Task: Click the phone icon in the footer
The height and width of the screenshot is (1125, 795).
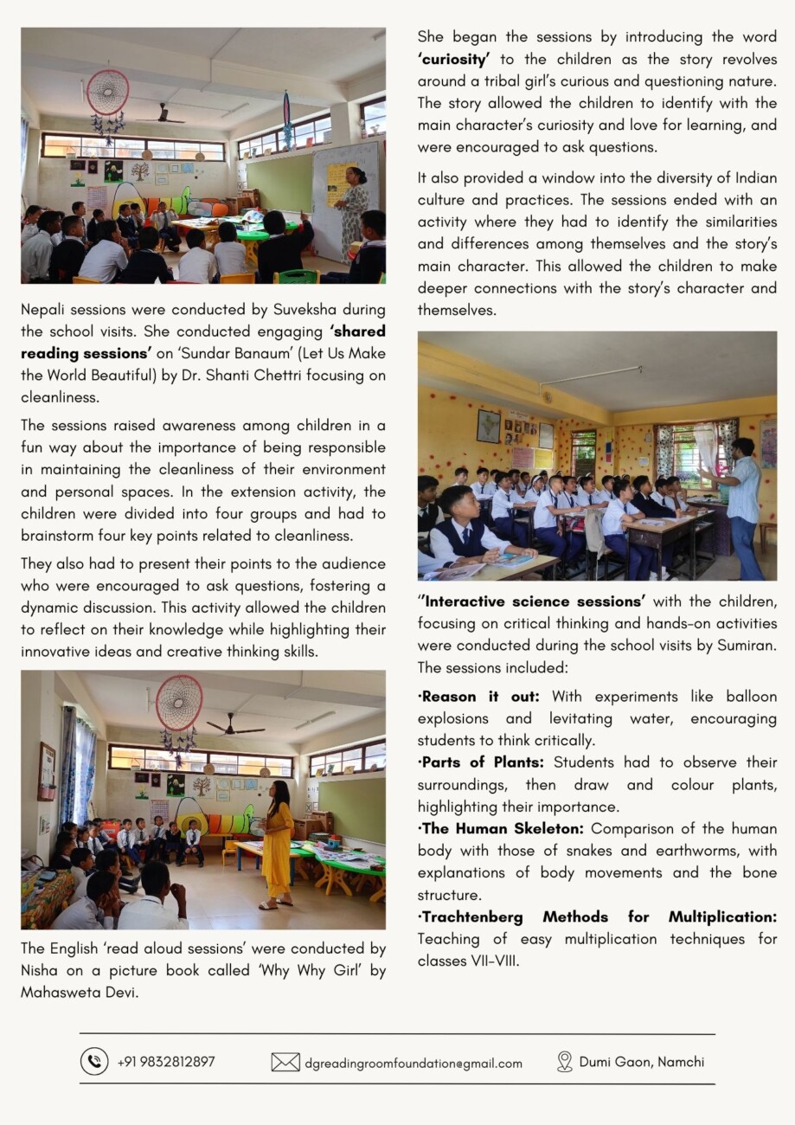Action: pos(94,1061)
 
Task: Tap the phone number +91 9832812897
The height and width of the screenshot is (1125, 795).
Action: pos(166,1062)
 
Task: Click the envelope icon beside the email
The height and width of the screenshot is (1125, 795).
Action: pos(285,1062)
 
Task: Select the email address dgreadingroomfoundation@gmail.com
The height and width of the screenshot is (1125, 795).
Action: pos(414,1063)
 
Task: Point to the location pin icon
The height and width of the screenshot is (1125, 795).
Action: pos(565,1062)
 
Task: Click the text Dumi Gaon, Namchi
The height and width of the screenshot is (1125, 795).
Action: pos(642,1062)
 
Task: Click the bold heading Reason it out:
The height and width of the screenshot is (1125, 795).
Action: pos(480,697)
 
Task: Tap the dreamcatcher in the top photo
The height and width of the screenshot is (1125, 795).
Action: pos(108,93)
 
